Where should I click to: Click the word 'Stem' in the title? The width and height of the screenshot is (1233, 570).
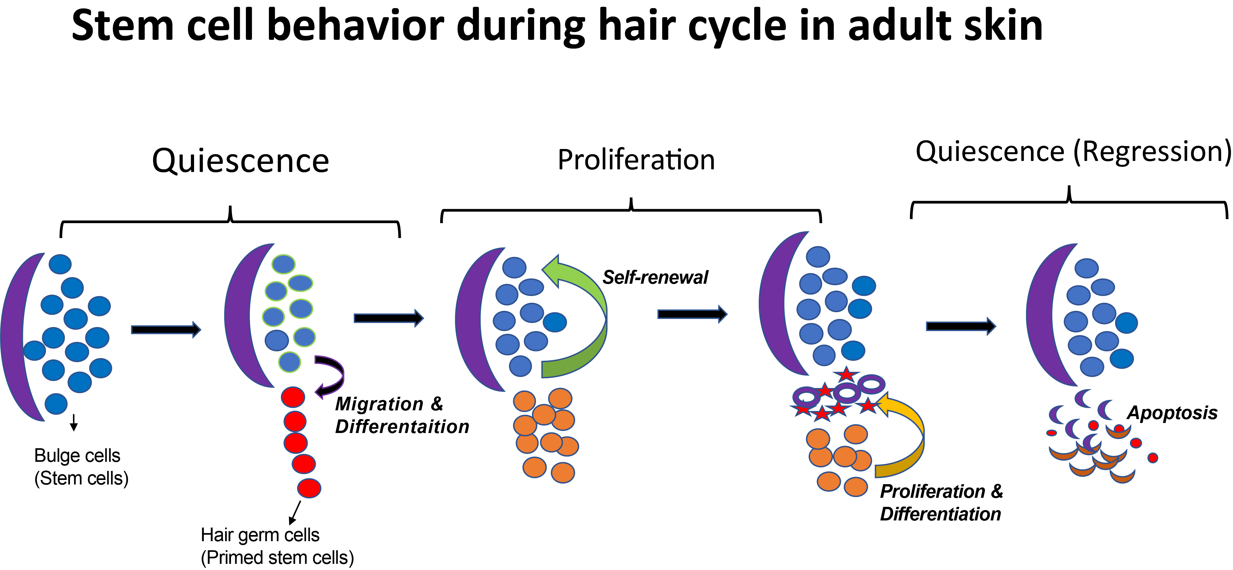(122, 26)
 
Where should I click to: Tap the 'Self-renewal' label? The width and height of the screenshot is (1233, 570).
(655, 278)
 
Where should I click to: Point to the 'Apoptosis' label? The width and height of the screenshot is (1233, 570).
(1172, 413)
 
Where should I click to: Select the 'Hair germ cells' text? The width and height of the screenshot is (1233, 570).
(260, 535)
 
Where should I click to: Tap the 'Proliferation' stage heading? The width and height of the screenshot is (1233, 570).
(636, 160)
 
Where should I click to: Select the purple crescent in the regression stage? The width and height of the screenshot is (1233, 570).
(1043, 316)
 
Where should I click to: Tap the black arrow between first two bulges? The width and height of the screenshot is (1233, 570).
(166, 329)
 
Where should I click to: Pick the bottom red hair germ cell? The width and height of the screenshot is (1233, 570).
(309, 488)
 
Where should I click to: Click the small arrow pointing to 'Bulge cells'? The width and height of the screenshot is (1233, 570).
(74, 423)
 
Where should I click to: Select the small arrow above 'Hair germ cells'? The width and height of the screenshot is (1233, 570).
(294, 513)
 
